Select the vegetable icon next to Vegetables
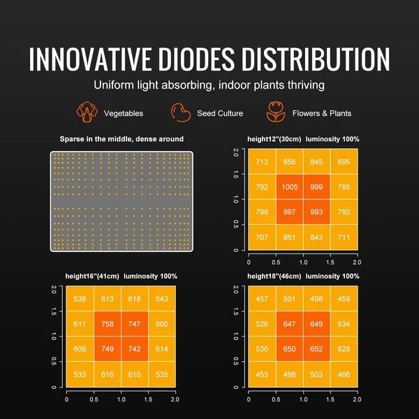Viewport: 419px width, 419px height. pyautogui.click(x=87, y=112)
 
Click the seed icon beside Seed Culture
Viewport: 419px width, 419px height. pyautogui.click(x=179, y=112)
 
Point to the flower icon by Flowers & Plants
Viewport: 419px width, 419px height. pyautogui.click(x=276, y=112)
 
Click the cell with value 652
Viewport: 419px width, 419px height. pyautogui.click(x=316, y=348)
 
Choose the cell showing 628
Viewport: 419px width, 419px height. pyautogui.click(x=343, y=348)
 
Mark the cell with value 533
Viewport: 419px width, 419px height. pyautogui.click(x=80, y=374)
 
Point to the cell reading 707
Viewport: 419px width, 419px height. pyautogui.click(x=262, y=237)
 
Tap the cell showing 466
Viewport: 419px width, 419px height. pyautogui.click(x=343, y=374)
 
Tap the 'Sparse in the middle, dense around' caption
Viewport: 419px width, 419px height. pyautogui.click(x=122, y=139)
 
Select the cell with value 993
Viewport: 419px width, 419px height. pyautogui.click(x=316, y=212)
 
